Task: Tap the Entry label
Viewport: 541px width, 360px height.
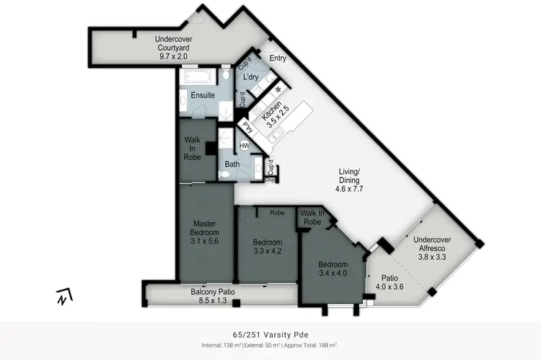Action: click(x=278, y=58)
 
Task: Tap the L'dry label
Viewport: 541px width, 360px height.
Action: click(x=250, y=76)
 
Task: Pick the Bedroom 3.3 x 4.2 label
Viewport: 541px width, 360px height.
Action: click(x=268, y=247)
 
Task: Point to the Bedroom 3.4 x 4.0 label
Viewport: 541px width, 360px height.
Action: click(x=333, y=269)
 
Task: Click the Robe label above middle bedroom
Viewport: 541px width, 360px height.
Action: click(x=276, y=213)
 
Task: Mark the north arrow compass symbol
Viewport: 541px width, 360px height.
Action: click(x=64, y=296)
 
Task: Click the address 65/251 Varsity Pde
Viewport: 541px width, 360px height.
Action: click(x=270, y=335)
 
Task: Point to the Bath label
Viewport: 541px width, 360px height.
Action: click(x=232, y=164)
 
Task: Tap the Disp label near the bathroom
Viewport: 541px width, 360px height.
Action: click(x=270, y=180)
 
